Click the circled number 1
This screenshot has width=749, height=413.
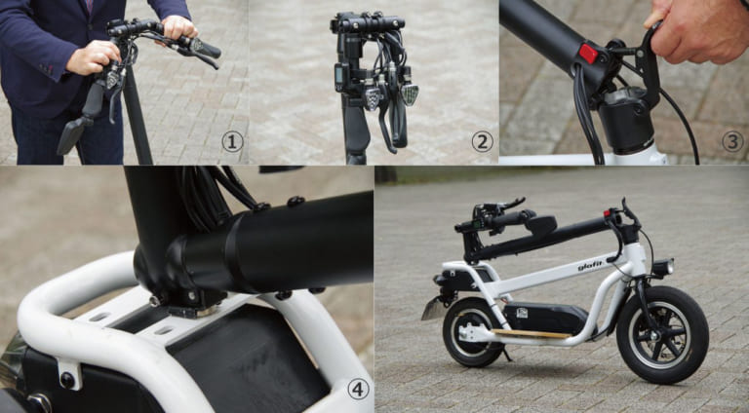pyautogui.click(x=231, y=142)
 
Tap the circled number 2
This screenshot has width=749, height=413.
pyautogui.click(x=482, y=142)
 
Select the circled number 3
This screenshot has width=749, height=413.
pyautogui.click(x=731, y=142)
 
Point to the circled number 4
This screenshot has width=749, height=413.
pyautogui.click(x=359, y=390)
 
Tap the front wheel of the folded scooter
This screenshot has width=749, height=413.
pyautogui.click(x=662, y=334)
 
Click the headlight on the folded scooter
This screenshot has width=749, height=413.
pyautogui.click(x=663, y=266)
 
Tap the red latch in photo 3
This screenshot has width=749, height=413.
pyautogui.click(x=588, y=54)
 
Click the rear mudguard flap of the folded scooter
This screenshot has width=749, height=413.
pyautogui.click(x=432, y=310)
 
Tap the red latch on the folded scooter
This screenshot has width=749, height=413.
pyautogui.click(x=610, y=212)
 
